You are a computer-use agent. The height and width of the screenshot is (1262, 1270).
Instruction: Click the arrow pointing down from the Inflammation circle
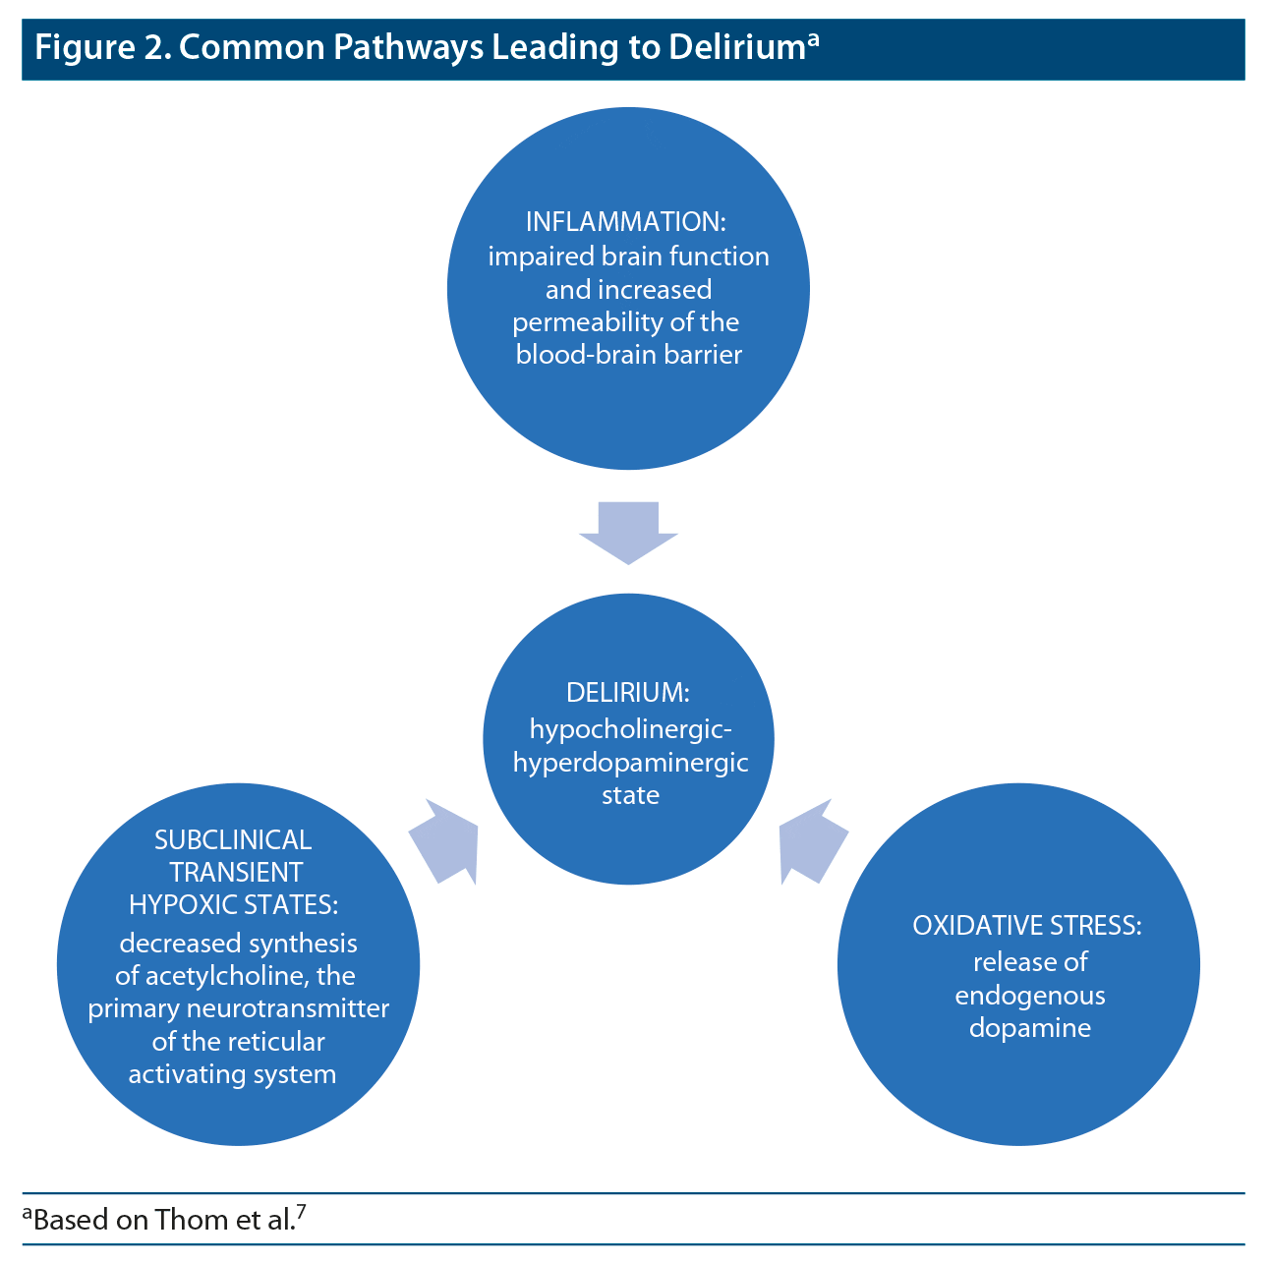tap(628, 532)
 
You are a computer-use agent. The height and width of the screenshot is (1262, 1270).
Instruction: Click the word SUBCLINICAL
tap(233, 839)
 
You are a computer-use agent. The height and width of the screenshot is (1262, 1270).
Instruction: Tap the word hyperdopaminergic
tap(630, 763)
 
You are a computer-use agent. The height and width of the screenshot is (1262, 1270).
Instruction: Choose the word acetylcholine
tap(222, 976)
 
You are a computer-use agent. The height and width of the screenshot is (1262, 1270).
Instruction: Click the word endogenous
tap(1029, 996)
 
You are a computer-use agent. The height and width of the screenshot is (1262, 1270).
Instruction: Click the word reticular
tap(278, 1042)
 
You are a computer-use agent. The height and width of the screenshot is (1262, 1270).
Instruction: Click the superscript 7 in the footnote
tap(301, 1212)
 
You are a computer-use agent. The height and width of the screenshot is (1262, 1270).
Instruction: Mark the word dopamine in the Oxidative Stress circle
tap(1029, 1028)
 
